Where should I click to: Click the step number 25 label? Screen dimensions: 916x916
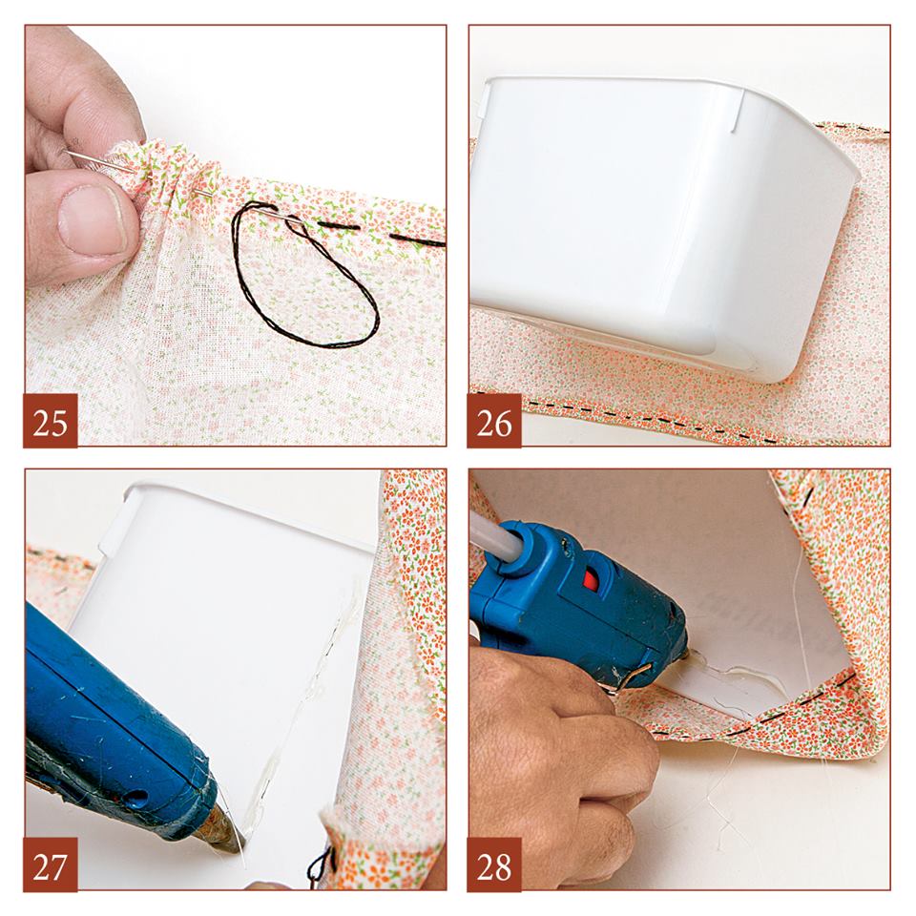51,421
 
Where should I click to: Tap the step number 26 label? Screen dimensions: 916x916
494,421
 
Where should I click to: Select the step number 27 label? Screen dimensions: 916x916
51,864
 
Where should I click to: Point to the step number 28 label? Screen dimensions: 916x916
494,864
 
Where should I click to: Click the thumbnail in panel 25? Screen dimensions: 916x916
93,220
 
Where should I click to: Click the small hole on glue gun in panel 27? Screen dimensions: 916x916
136,797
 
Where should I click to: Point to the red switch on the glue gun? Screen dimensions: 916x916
592,579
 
